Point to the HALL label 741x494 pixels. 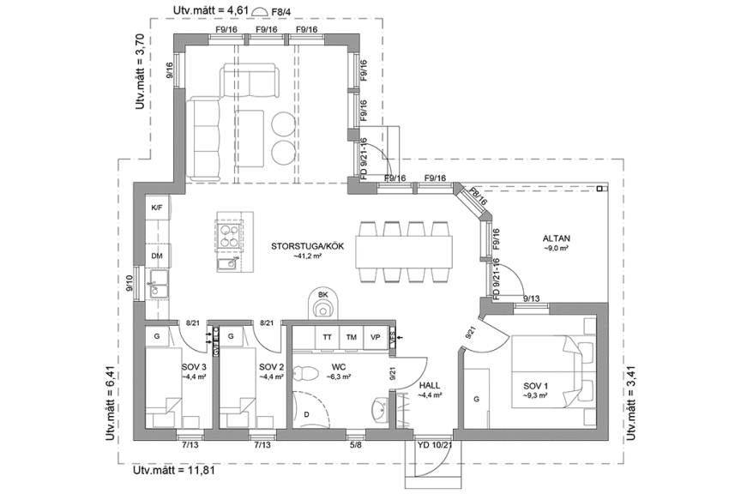coord(430,386)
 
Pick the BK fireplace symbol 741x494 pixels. coord(323,302)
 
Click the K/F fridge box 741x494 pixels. coord(157,208)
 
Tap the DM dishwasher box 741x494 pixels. coord(157,256)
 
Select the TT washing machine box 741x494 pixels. coord(327,338)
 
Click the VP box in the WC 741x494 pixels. coord(375,338)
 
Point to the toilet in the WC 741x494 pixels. coord(304,374)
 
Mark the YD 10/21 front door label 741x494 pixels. coord(432,444)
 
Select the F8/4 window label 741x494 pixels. coord(280,11)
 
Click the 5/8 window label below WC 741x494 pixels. coord(354,444)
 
